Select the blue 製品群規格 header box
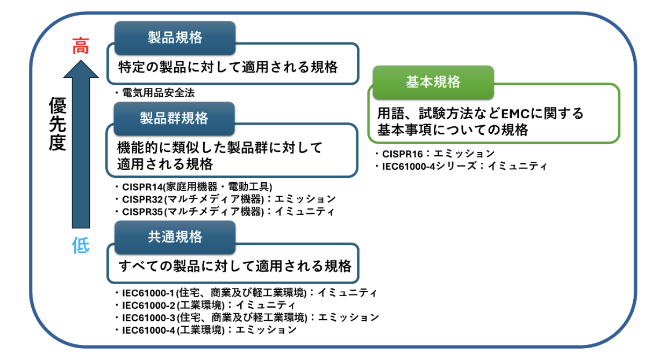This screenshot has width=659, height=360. (x=174, y=118)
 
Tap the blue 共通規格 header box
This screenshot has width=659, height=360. (x=175, y=237)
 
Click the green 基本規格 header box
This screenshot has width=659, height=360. (x=433, y=82)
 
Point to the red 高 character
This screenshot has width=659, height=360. (x=81, y=47)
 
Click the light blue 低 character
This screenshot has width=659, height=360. (x=81, y=246)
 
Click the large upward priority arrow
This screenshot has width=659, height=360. (x=81, y=145)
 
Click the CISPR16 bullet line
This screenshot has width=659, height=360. (x=435, y=154)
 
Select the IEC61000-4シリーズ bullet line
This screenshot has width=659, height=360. (x=461, y=167)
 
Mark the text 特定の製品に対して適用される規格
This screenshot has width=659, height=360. (x=228, y=67)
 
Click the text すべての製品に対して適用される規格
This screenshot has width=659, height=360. (x=235, y=266)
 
